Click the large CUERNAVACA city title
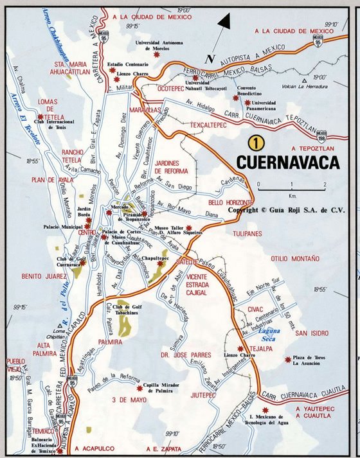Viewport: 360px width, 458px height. [x=287, y=162]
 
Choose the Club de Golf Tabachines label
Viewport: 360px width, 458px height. [x=128, y=312]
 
